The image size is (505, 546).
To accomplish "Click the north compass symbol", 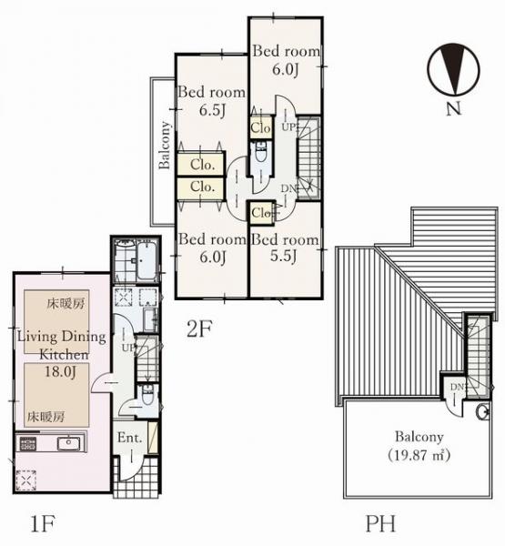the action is pos(453,69).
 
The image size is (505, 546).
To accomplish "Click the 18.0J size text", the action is pos(60,371).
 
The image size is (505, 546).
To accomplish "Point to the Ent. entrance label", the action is pos(129,438).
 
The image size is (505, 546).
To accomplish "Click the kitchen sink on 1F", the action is pos(68,442).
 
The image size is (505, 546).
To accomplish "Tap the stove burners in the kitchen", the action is pos(28,443).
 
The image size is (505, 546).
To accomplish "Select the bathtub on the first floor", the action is pos(146,261).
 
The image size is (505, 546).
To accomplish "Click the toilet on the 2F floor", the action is pos(261,153).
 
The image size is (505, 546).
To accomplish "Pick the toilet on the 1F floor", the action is pos(146,395).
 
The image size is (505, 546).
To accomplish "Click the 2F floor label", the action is pos(199,329).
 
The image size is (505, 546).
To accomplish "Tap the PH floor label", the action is pos(380,523).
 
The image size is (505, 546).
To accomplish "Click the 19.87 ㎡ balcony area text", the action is pos(419,455).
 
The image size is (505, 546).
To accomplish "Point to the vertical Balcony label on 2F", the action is pos(165,146).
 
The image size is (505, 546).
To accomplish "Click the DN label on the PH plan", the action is pos(457,387).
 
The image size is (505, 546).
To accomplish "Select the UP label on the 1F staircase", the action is pos(127,348).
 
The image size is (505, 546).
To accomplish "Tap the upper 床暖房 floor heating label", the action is pos(66,304).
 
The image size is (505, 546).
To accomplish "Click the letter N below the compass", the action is pos(453,108).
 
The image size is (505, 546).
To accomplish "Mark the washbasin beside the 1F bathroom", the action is pos(151,319).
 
